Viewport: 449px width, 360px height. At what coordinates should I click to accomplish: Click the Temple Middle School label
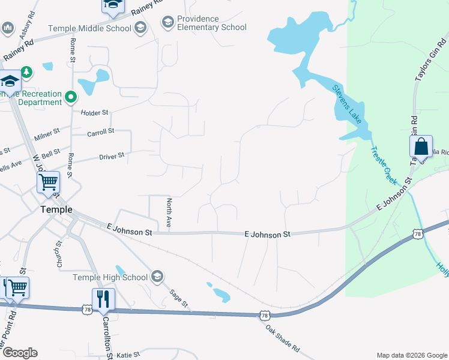tap(89, 28)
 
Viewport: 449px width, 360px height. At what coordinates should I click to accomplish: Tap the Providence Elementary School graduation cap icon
tap(168, 22)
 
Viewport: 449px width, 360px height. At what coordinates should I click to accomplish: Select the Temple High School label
tap(110, 277)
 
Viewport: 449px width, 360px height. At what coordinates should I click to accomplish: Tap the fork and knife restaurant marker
tap(103, 298)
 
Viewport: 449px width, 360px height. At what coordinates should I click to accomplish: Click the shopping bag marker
tap(421, 146)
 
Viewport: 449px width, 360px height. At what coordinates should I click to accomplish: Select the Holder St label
tap(94, 112)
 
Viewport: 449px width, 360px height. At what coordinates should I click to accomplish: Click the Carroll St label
tap(100, 131)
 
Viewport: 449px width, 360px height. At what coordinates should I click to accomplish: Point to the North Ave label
tap(169, 213)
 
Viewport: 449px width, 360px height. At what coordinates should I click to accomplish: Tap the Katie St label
tap(128, 355)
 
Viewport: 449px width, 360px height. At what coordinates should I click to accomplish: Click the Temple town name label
tap(56, 209)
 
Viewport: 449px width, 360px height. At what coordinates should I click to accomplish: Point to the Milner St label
tap(47, 134)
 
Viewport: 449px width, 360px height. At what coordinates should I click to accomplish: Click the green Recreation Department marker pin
tap(71, 96)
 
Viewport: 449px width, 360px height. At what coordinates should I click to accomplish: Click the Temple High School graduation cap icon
tap(157, 277)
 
